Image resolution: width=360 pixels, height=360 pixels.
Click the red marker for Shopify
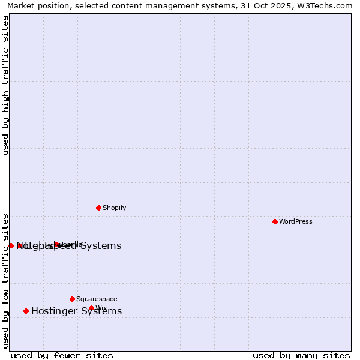coord(98,208)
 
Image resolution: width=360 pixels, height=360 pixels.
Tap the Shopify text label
coord(114,208)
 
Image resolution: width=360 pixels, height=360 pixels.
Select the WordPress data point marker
coord(275,221)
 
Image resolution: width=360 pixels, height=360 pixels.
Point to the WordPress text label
coord(296,222)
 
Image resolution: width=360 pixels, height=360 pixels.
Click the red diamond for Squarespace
coord(72,299)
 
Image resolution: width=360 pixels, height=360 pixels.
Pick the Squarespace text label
coord(97,299)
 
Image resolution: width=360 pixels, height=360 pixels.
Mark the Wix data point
coord(91,308)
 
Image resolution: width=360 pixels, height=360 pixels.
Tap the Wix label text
coord(101,308)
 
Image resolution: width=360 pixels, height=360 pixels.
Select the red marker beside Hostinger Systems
coord(26,311)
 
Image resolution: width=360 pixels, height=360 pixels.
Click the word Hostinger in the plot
coord(54,311)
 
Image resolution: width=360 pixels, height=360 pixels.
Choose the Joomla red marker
coord(57,244)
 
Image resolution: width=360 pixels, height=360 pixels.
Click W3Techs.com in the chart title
coord(327,6)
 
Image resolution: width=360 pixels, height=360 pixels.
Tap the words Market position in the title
coord(36,6)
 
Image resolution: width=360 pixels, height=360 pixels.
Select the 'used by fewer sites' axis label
coord(62,355)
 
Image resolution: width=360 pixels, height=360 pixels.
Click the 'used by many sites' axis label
coord(301,355)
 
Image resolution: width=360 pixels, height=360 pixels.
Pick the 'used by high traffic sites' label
coord(6,85)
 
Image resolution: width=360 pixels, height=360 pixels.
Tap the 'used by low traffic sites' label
coord(6,280)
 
